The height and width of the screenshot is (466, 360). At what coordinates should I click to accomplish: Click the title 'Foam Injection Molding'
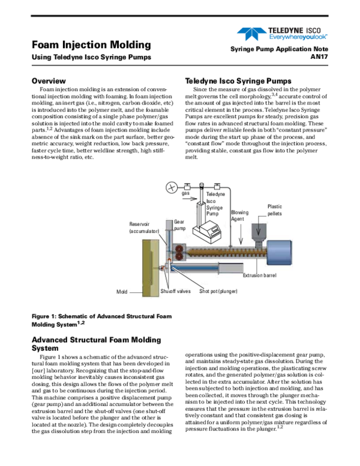tap(91, 45)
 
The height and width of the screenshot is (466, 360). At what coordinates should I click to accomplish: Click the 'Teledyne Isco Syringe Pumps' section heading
tap(239, 80)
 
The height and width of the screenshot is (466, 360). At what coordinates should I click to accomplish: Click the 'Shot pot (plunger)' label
tap(218, 291)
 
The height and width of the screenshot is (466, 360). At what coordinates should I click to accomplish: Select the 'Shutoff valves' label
tap(175, 291)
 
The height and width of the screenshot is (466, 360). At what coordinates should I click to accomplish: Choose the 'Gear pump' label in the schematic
tap(163, 225)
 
